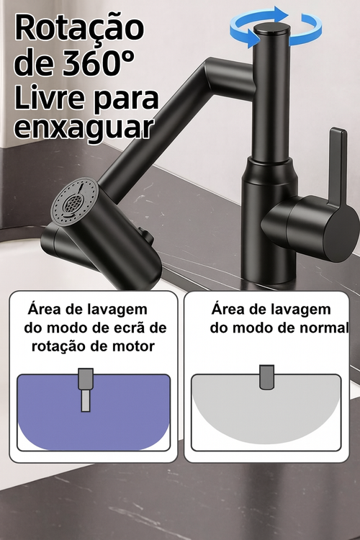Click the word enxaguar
coord(84,127)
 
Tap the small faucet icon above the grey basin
coord(266,375)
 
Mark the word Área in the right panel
coord(230,310)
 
